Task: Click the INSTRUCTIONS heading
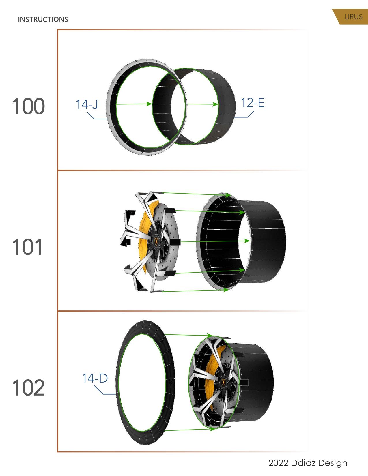click(x=43, y=19)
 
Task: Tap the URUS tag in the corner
click(x=353, y=17)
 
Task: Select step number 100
click(x=28, y=106)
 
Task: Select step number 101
click(x=28, y=247)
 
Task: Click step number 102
click(x=28, y=388)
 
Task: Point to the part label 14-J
click(x=87, y=104)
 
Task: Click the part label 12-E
click(x=252, y=103)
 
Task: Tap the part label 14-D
click(x=95, y=378)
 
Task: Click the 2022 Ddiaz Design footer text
click(x=307, y=463)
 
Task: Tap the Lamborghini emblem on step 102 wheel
click(x=224, y=382)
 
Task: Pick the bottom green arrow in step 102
click(x=190, y=430)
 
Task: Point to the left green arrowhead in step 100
click(x=149, y=104)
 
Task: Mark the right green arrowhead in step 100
click(x=215, y=104)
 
